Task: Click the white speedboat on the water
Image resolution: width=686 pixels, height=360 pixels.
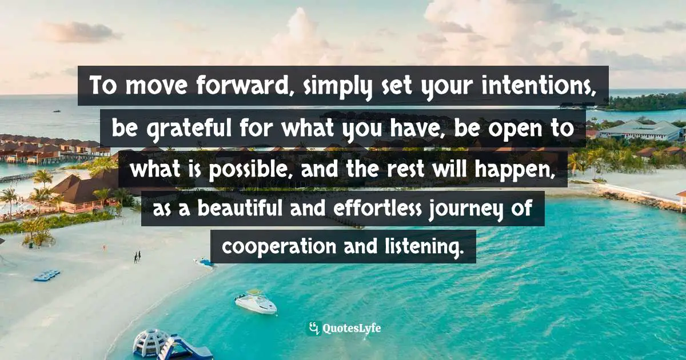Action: tap(255, 303)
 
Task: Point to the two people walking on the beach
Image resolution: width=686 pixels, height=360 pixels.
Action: tap(137, 257)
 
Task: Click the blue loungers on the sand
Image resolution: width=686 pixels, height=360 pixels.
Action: tap(46, 275)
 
